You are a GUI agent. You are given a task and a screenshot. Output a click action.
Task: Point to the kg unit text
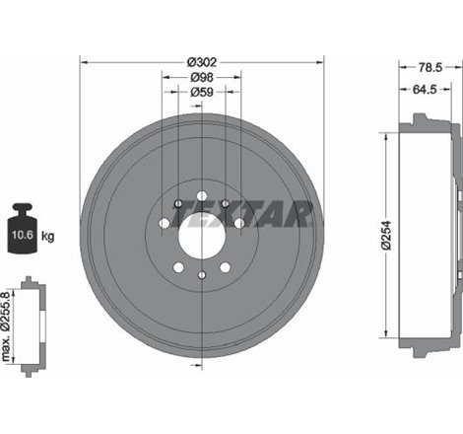pyautogui.click(x=49, y=236)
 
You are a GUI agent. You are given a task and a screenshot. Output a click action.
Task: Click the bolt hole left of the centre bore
pyautogui.click(x=164, y=224)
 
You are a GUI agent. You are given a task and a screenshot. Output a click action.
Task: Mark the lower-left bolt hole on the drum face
pyautogui.click(x=177, y=267)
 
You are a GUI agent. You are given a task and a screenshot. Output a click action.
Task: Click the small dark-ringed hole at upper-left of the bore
pyautogui.click(x=177, y=204)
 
